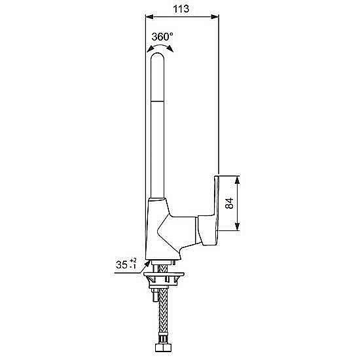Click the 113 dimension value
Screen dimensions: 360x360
pos(181,9)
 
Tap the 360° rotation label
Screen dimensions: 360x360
pos(162,37)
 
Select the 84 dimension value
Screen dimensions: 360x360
pos(229,203)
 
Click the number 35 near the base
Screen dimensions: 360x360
pos(122,264)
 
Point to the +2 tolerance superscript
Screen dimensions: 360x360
pos(133,261)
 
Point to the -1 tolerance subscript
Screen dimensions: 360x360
pos(133,266)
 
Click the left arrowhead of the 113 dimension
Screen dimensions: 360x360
pos(149,16)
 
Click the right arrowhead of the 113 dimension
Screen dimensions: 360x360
pos(215,16)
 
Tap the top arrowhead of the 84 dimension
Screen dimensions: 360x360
pos(238,180)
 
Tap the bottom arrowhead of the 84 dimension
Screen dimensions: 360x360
pos(238,226)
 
